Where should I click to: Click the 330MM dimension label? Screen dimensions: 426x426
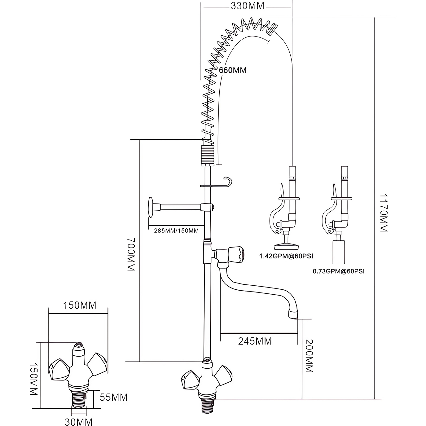click(x=247, y=6)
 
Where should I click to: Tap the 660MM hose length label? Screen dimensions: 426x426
click(x=233, y=70)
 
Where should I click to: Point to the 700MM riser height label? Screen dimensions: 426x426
click(x=132, y=255)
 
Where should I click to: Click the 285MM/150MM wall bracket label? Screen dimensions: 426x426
click(x=176, y=231)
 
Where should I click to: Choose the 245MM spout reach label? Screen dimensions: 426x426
click(x=255, y=341)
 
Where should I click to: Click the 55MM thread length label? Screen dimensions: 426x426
click(x=114, y=397)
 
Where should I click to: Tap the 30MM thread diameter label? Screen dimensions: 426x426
click(x=79, y=422)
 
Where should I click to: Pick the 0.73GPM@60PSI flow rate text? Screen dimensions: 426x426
click(x=339, y=271)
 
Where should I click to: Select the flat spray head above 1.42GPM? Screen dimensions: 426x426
click(x=286, y=247)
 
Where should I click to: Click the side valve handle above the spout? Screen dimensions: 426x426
click(x=237, y=253)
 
